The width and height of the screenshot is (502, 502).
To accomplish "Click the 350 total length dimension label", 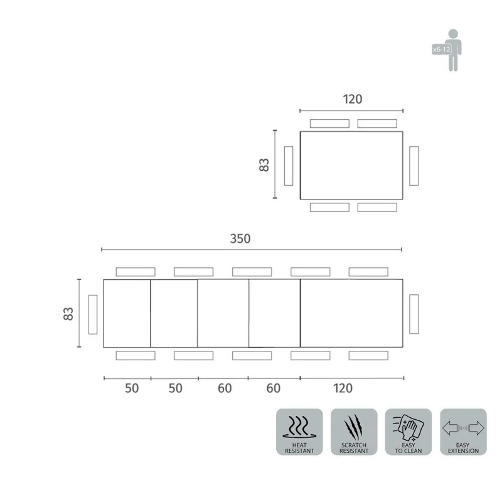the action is coord(240,238).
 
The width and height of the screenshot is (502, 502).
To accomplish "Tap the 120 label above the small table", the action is coord(353,99).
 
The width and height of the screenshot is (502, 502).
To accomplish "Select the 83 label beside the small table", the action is coord(264,165).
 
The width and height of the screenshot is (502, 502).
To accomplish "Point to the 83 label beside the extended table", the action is coord(68,314).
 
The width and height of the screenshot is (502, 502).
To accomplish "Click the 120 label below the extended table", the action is coord(343,388).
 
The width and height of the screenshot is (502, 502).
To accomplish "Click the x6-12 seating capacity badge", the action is coord(442,50).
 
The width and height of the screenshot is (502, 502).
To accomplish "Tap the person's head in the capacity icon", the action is coord(453,33).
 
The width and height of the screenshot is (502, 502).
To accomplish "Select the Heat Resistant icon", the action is coord(299,432).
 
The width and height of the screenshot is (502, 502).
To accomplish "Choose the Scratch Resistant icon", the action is coord(354,432).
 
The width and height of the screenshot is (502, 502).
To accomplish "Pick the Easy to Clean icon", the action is coord(409,432).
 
